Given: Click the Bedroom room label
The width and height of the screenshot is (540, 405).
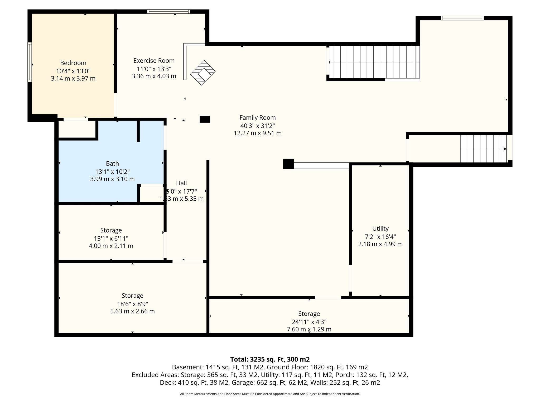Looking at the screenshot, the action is point(73,63).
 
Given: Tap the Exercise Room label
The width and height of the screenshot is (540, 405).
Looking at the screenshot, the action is point(154,61).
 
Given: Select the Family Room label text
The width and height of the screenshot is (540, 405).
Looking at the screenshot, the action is point(258,118).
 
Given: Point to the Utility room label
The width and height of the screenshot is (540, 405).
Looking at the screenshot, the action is point(380,229).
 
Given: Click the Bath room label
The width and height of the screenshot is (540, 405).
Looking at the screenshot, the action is point(112,163).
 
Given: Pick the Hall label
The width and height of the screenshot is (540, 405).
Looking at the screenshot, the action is point(181,183).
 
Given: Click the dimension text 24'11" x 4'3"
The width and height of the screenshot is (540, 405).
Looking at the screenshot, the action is point(309,322).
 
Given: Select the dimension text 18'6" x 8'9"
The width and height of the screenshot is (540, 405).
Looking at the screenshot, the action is point(132,304).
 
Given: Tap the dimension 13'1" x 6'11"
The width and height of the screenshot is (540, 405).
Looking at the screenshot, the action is point(111,239).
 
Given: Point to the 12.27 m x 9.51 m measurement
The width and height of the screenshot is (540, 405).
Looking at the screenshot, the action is point(258,133).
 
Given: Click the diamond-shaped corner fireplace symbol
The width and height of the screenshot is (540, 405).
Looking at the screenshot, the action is point(203,73).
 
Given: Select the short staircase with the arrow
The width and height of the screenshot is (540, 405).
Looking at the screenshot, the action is point(483,149).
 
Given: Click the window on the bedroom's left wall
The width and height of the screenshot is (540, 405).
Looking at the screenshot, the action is point(30,62).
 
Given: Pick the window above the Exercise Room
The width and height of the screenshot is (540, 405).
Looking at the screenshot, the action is point(169,11).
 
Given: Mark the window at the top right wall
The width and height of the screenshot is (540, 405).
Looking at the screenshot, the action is point(462,18).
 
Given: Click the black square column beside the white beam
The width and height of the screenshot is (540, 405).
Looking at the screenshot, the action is point(288,164).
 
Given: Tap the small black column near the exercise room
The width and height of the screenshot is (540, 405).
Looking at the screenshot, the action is point(205,119).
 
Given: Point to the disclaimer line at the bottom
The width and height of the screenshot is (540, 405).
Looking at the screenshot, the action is point(270,394).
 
